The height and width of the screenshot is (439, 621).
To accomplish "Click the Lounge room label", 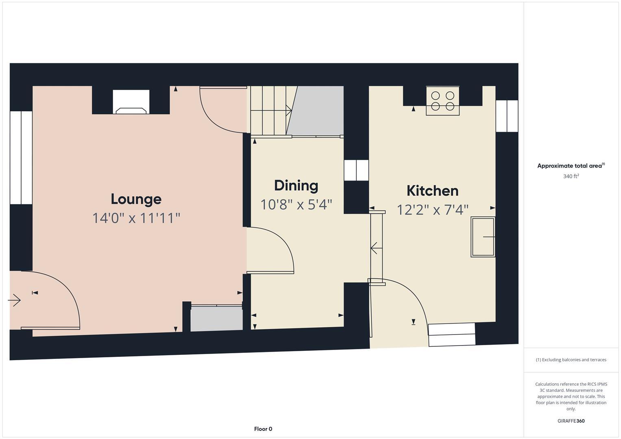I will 136,199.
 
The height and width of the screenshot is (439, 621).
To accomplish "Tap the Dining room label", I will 296,185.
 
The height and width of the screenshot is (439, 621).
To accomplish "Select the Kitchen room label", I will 432,191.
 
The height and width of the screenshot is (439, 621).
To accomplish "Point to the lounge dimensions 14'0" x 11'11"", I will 136,218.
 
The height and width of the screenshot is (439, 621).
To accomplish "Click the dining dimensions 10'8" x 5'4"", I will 296,204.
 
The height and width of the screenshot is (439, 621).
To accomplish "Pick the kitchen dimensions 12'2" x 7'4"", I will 432,210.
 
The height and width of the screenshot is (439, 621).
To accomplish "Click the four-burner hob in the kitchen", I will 442,101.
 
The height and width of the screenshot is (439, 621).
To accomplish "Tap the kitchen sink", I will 483,237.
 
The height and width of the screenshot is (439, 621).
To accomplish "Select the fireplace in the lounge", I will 131,103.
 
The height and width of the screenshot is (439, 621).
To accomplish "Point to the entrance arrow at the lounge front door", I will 15,300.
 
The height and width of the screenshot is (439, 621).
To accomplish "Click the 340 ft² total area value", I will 571,176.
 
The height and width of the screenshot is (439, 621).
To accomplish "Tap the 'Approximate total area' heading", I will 571,166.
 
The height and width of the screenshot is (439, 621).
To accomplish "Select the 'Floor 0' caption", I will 263,429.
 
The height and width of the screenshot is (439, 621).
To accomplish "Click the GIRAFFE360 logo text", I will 571,421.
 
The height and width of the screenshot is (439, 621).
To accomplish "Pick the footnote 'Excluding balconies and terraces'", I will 571,360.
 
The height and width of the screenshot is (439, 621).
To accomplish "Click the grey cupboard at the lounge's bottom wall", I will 216,318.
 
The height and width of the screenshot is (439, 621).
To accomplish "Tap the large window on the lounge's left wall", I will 21,157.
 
